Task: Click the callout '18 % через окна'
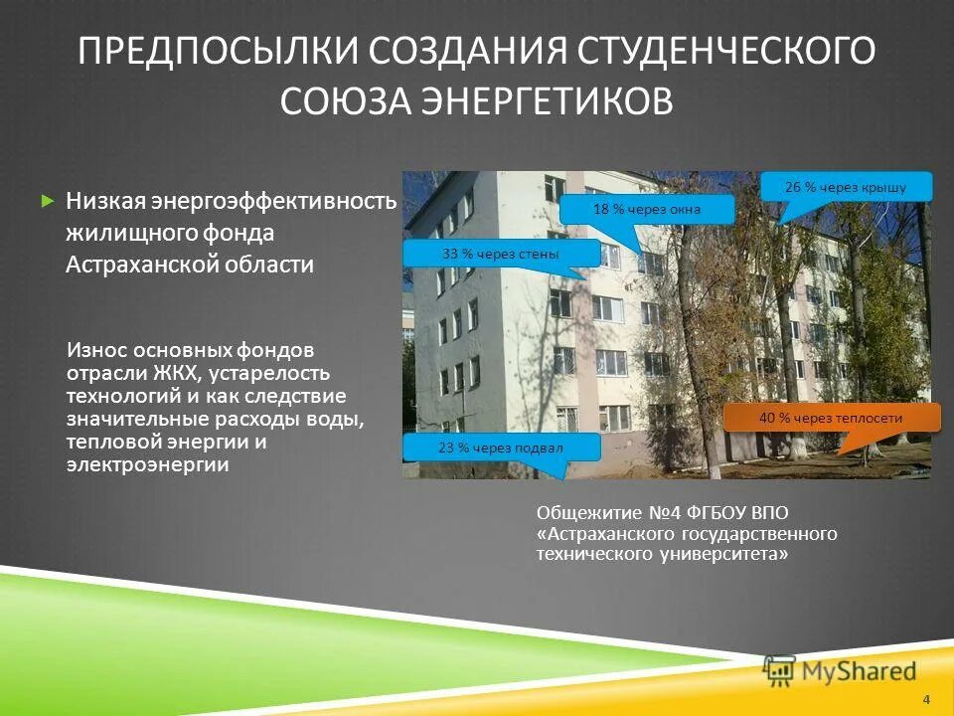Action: pos(647,209)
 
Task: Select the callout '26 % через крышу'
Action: pos(846,187)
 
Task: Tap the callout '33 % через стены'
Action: pos(501,254)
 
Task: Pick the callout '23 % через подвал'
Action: pos(501,447)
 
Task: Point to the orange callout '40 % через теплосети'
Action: pos(831,418)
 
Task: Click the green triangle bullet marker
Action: pos(46,201)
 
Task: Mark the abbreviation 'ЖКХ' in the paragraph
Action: pos(178,373)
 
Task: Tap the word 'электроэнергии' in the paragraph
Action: pos(147,463)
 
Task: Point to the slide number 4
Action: pos(926,698)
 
